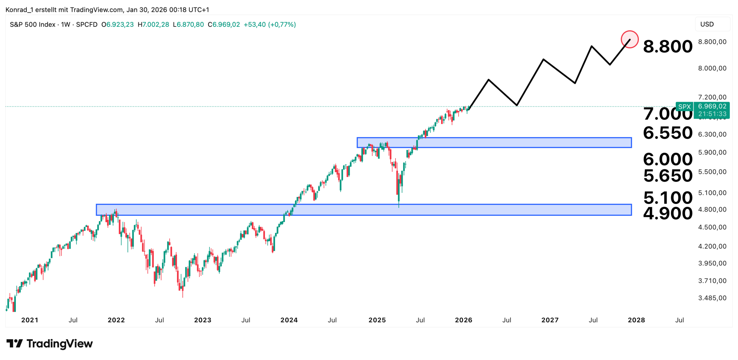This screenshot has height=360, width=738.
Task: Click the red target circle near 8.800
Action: pyautogui.click(x=629, y=39)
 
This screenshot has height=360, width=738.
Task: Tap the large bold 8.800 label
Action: pyautogui.click(x=667, y=46)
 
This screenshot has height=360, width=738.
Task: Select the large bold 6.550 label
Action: pyautogui.click(x=667, y=133)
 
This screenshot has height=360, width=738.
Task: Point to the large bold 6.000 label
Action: pyautogui.click(x=667, y=159)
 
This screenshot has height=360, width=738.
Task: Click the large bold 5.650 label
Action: pyautogui.click(x=667, y=176)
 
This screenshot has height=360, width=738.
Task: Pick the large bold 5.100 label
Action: pyautogui.click(x=667, y=197)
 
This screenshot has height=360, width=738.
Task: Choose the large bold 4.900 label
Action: pyautogui.click(x=667, y=213)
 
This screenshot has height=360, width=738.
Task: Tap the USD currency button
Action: pyautogui.click(x=707, y=24)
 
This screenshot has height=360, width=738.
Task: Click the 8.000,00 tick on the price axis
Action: pyautogui.click(x=712, y=68)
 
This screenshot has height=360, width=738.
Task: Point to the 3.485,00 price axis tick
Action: pyautogui.click(x=712, y=298)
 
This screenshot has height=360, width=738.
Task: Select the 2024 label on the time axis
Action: pyautogui.click(x=289, y=320)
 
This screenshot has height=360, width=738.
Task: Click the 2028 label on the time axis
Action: pyautogui.click(x=636, y=320)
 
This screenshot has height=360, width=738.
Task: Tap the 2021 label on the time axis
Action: pyautogui.click(x=30, y=320)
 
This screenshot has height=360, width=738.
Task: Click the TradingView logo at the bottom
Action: pyautogui.click(x=50, y=343)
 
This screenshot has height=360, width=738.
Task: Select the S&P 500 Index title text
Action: pyautogui.click(x=32, y=24)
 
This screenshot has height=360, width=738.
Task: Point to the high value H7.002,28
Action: pyautogui.click(x=153, y=24)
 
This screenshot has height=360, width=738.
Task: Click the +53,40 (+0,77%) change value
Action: pyautogui.click(x=270, y=24)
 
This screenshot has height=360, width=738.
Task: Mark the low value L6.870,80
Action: pyautogui.click(x=188, y=24)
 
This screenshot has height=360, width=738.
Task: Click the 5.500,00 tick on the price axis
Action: pyautogui.click(x=712, y=172)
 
